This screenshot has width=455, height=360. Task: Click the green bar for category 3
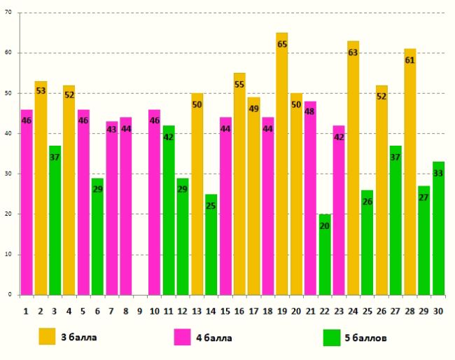click(x=55, y=220)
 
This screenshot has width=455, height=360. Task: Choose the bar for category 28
click(x=410, y=172)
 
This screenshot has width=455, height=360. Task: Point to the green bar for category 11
click(x=169, y=210)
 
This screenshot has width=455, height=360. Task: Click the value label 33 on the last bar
click(x=438, y=173)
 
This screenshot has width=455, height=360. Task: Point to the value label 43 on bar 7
click(x=111, y=130)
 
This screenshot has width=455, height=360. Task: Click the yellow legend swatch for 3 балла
click(x=47, y=337)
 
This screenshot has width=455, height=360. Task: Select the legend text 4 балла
click(x=215, y=338)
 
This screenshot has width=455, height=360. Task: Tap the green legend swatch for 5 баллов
click(x=331, y=337)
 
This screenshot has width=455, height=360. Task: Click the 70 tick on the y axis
click(x=10, y=13)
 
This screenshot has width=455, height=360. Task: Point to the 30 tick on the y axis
click(x=10, y=174)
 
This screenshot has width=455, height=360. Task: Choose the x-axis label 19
click(x=281, y=309)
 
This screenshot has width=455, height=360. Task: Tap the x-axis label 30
click(x=438, y=309)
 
